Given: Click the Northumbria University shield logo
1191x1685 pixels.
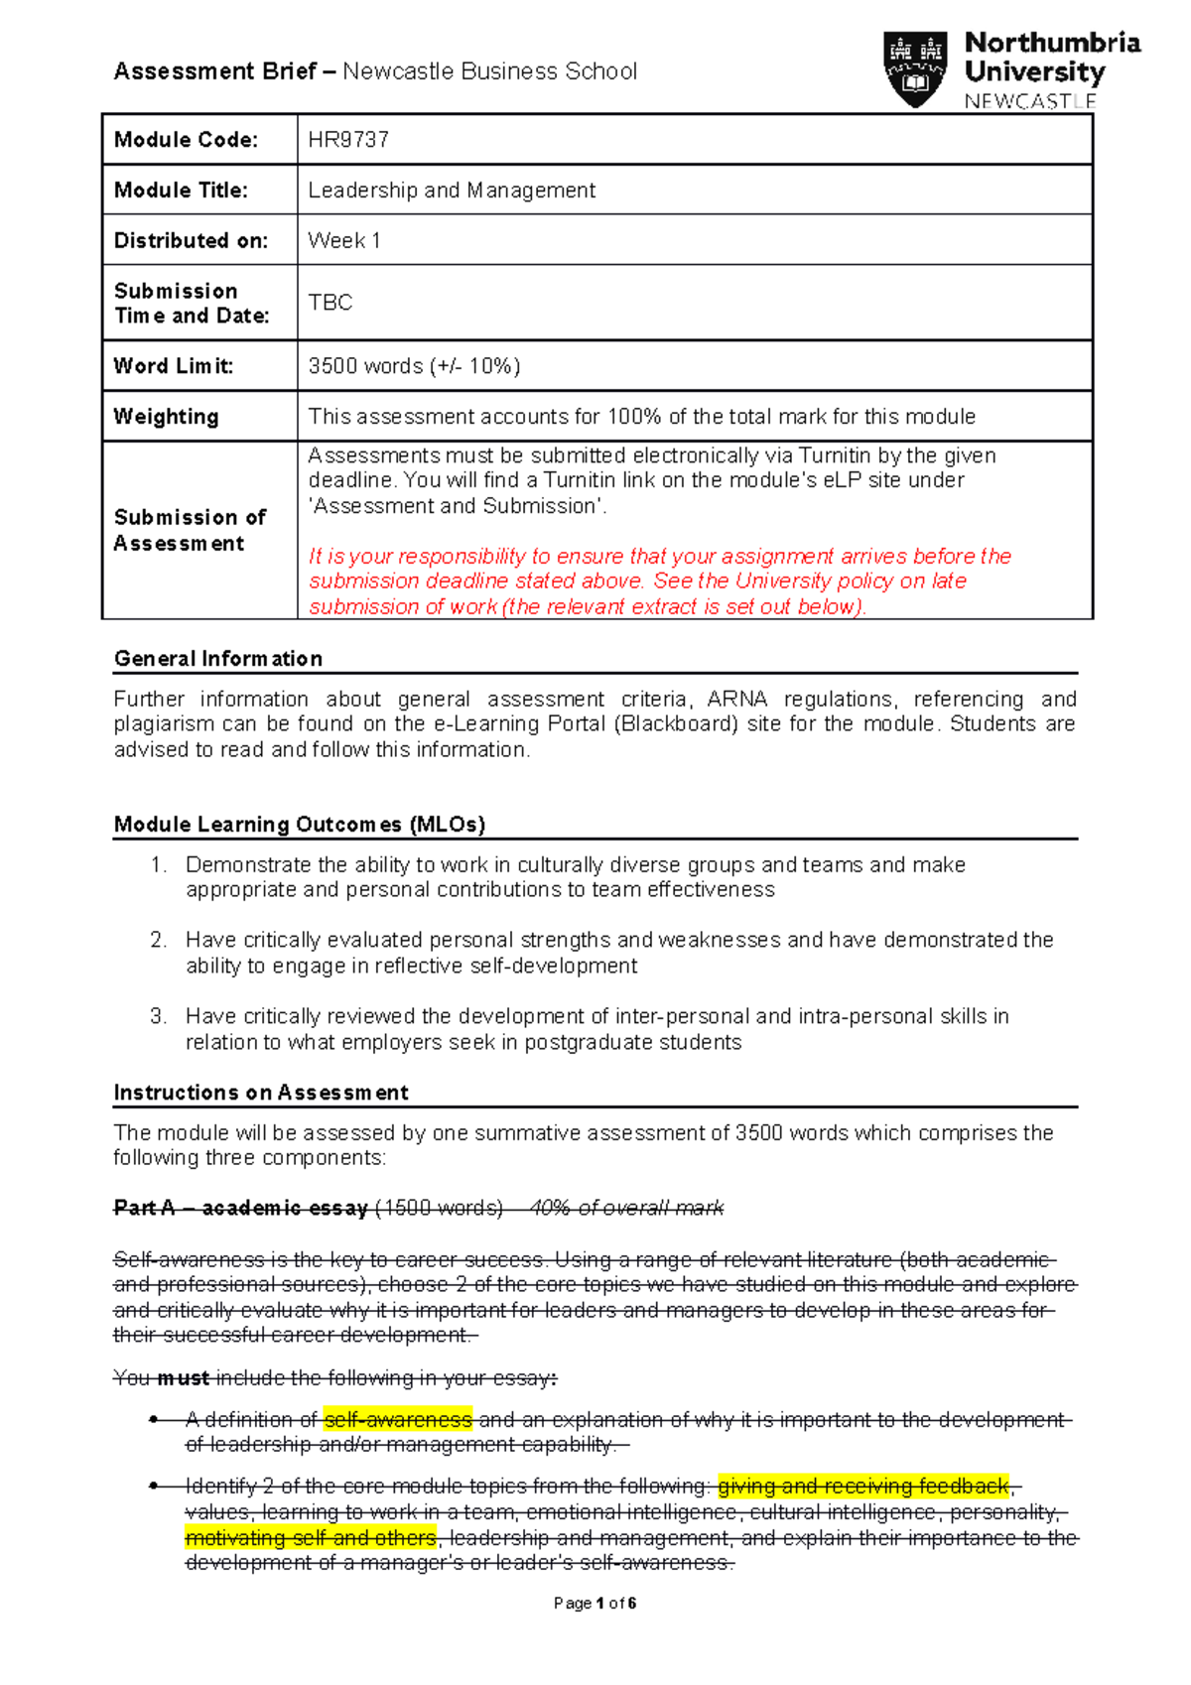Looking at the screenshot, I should click(914, 68).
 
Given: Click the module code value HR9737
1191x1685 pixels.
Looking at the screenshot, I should click(348, 140).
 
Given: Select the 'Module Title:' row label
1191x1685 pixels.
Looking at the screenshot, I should click(181, 191).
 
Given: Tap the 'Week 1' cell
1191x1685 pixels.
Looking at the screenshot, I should click(344, 241).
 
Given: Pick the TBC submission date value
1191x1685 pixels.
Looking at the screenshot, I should click(331, 303).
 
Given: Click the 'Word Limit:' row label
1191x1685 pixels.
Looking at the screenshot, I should click(174, 366).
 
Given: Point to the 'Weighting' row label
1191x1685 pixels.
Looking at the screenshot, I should click(166, 417).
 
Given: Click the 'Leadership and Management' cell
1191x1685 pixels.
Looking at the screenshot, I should click(452, 191).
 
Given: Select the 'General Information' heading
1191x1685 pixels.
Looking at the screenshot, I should click(218, 659).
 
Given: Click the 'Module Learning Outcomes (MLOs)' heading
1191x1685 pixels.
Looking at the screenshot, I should click(300, 825).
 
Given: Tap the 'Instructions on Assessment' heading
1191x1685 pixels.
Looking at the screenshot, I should click(261, 1093).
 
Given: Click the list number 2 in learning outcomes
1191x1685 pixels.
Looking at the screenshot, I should click(159, 940).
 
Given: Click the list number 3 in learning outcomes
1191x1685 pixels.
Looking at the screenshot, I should click(159, 1016).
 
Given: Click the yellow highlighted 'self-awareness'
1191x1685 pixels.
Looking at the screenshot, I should click(398, 1420).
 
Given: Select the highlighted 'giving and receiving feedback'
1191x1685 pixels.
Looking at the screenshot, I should click(862, 1487).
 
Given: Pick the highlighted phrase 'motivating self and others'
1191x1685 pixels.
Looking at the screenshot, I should click(311, 1538).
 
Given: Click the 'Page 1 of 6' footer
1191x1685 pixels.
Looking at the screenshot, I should click(595, 1603).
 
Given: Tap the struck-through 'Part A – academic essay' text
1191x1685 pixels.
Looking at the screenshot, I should click(241, 1209).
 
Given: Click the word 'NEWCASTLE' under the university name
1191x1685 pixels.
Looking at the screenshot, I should click(1029, 101).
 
